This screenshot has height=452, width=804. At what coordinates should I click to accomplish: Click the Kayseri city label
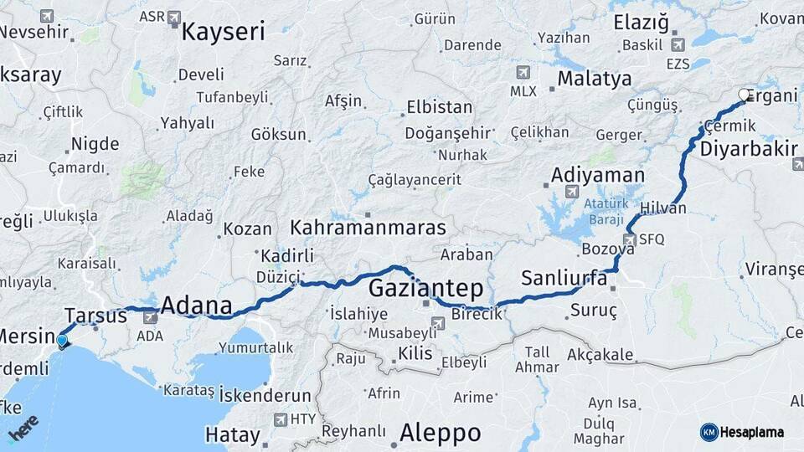point(223,33)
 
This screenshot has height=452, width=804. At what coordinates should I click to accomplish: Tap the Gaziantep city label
point(426,289)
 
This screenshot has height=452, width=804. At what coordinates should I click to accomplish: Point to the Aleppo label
point(440,433)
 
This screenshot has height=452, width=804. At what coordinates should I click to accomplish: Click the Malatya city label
point(594,80)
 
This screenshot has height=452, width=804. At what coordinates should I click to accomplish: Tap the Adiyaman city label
point(597,176)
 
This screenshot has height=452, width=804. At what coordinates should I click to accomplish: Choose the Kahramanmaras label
point(368,228)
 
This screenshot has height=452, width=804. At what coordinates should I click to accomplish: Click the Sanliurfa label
point(564,279)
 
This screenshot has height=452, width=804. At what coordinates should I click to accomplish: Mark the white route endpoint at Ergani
point(744,95)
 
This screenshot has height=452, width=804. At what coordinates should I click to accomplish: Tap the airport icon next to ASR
point(174,16)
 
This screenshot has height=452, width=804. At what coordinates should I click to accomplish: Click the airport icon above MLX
point(523,72)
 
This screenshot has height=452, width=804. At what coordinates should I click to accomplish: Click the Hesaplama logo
point(742,432)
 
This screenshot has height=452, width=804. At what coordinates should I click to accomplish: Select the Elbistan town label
point(439,108)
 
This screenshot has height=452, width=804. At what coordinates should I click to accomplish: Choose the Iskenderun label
point(265,396)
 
